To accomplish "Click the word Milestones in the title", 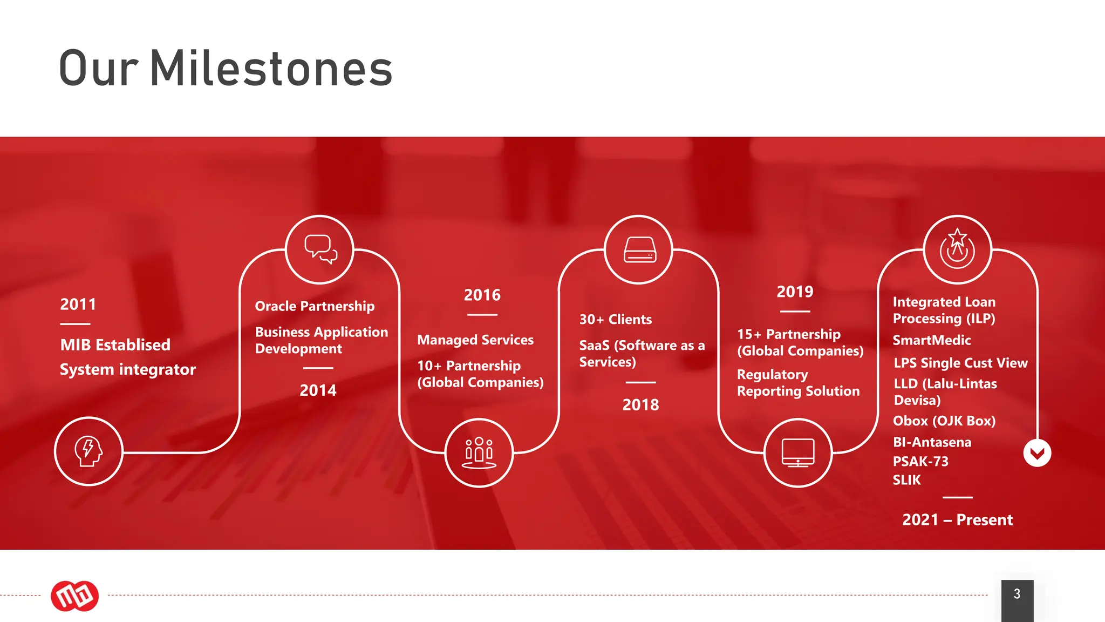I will click(x=271, y=69).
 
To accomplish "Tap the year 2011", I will click(x=78, y=305).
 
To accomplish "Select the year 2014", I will click(x=318, y=390).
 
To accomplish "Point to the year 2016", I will click(x=482, y=295).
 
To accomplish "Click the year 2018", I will click(x=640, y=405).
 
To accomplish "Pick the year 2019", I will click(x=795, y=292).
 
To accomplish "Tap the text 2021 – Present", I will click(x=957, y=520).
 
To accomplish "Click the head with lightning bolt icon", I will click(x=88, y=451).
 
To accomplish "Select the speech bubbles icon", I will click(x=320, y=249).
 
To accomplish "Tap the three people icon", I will click(x=479, y=452).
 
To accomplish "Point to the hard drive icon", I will click(x=639, y=249).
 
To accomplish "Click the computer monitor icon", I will click(x=798, y=452).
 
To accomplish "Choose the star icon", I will click(x=957, y=249).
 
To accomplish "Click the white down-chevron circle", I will click(x=1037, y=453).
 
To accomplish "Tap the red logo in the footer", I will click(x=74, y=596).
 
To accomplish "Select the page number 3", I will click(x=1017, y=594).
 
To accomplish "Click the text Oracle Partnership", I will click(x=315, y=307).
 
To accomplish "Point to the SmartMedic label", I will click(x=932, y=341).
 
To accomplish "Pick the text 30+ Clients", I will click(x=616, y=320).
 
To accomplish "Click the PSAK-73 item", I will click(x=920, y=462).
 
